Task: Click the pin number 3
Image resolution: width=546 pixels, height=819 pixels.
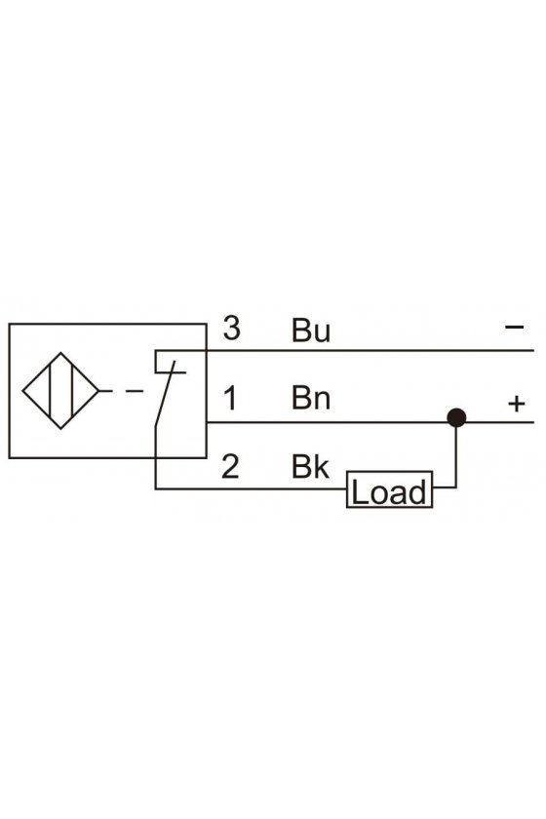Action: [x=231, y=328]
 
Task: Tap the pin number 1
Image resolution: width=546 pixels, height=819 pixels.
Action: [x=230, y=398]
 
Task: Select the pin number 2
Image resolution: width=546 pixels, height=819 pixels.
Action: [x=230, y=466]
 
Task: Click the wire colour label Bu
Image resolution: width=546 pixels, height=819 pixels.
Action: [x=311, y=331]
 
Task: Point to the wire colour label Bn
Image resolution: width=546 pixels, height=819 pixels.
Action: [x=311, y=398]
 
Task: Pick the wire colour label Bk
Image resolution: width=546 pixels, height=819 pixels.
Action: [x=310, y=466]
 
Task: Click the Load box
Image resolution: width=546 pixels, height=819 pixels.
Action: [x=390, y=489]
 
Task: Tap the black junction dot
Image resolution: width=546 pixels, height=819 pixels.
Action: [x=456, y=418]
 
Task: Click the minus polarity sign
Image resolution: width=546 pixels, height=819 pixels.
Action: [x=514, y=327]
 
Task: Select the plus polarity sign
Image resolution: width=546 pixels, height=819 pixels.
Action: [x=516, y=404]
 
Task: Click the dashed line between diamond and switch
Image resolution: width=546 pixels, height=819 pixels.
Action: [x=121, y=391]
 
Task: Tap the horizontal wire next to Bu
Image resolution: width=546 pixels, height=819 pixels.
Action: [x=370, y=350]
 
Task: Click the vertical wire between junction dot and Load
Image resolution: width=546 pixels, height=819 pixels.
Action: [x=456, y=453]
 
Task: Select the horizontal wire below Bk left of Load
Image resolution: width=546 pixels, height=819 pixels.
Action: [x=251, y=488]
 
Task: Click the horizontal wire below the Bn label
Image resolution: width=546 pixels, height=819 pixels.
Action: [x=370, y=422]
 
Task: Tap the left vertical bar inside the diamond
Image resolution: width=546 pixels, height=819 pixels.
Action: [x=51, y=391]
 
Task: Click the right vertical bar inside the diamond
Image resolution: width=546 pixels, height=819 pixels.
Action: [x=72, y=391]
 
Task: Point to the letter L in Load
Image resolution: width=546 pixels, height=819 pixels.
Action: [x=359, y=492]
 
